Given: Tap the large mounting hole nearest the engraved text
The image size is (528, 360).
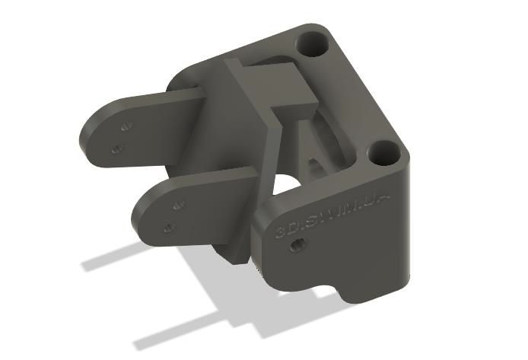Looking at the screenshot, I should pyautogui.click(x=383, y=154).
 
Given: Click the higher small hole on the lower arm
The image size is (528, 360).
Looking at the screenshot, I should pyautogui.click(x=180, y=205).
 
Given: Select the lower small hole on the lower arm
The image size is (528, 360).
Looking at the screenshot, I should pyautogui.click(x=168, y=226).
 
